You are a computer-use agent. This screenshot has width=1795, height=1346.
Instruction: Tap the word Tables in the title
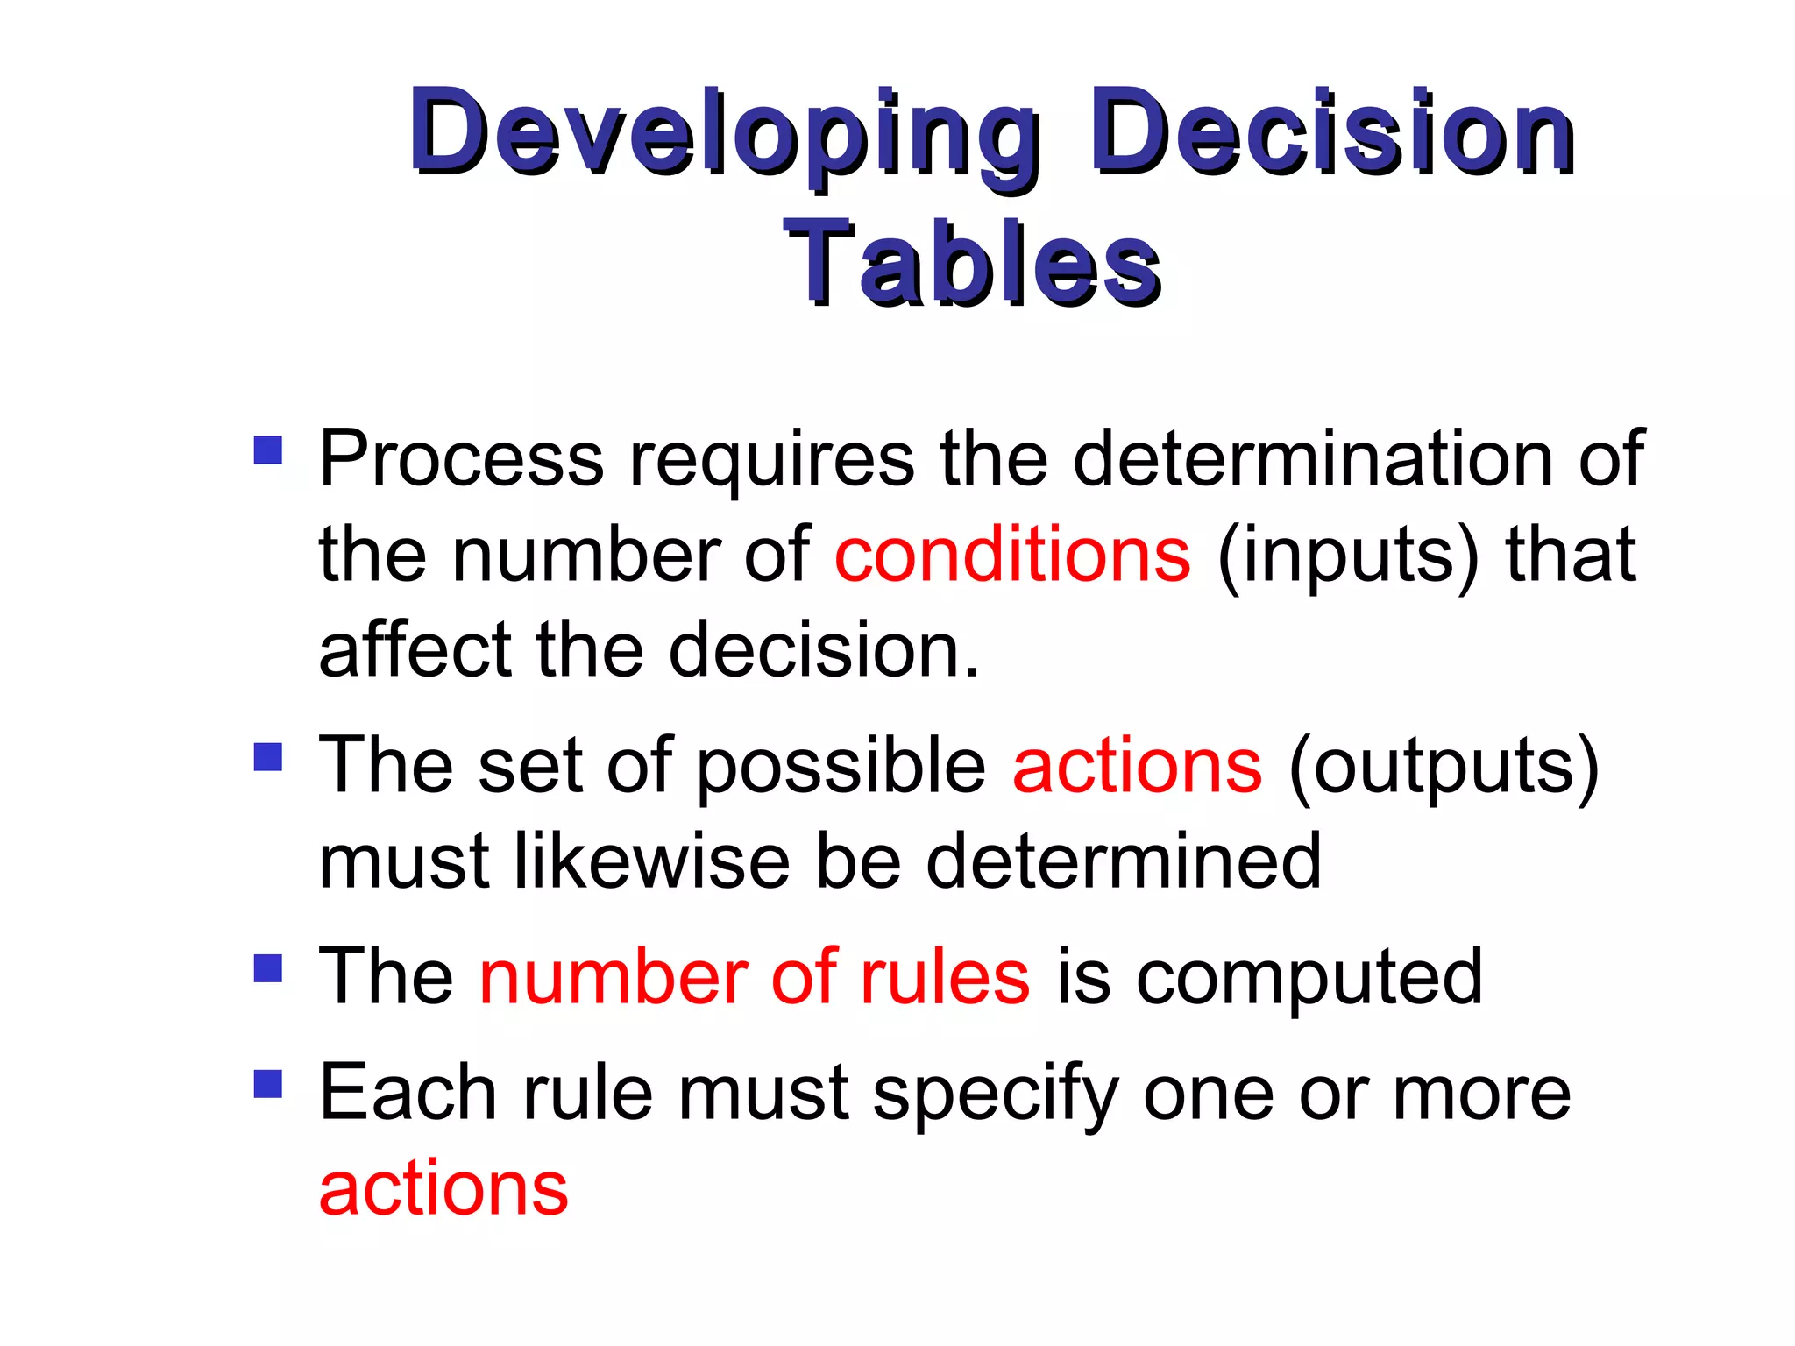972,263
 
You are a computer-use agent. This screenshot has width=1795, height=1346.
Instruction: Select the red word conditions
1012,555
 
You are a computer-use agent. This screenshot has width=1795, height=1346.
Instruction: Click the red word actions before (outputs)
1138,766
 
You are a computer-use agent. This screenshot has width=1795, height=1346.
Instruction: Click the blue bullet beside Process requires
268,450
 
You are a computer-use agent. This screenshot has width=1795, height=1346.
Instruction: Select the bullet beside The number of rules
268,968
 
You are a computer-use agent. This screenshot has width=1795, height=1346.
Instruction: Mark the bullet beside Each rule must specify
268,1084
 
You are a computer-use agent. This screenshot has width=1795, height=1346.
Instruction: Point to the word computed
1309,980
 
